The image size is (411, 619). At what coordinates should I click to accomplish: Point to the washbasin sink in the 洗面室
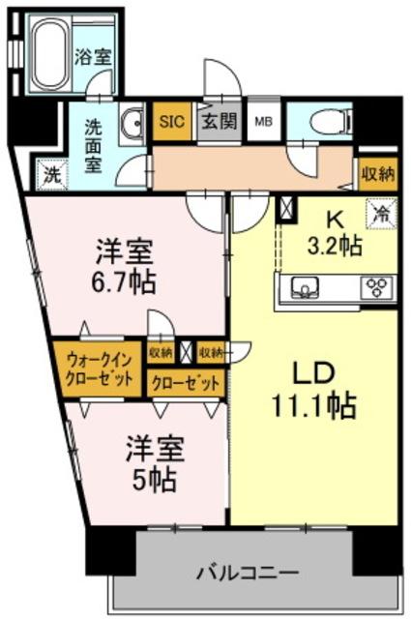tap(133, 123)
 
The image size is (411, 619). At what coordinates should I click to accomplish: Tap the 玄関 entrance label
tap(219, 122)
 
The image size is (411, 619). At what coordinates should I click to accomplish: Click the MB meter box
tap(262, 122)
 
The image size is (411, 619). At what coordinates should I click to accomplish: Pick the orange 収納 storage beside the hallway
tap(377, 173)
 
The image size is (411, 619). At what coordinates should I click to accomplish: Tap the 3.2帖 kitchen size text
tap(335, 246)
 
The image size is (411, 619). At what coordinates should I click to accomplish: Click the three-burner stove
tap(376, 286)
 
